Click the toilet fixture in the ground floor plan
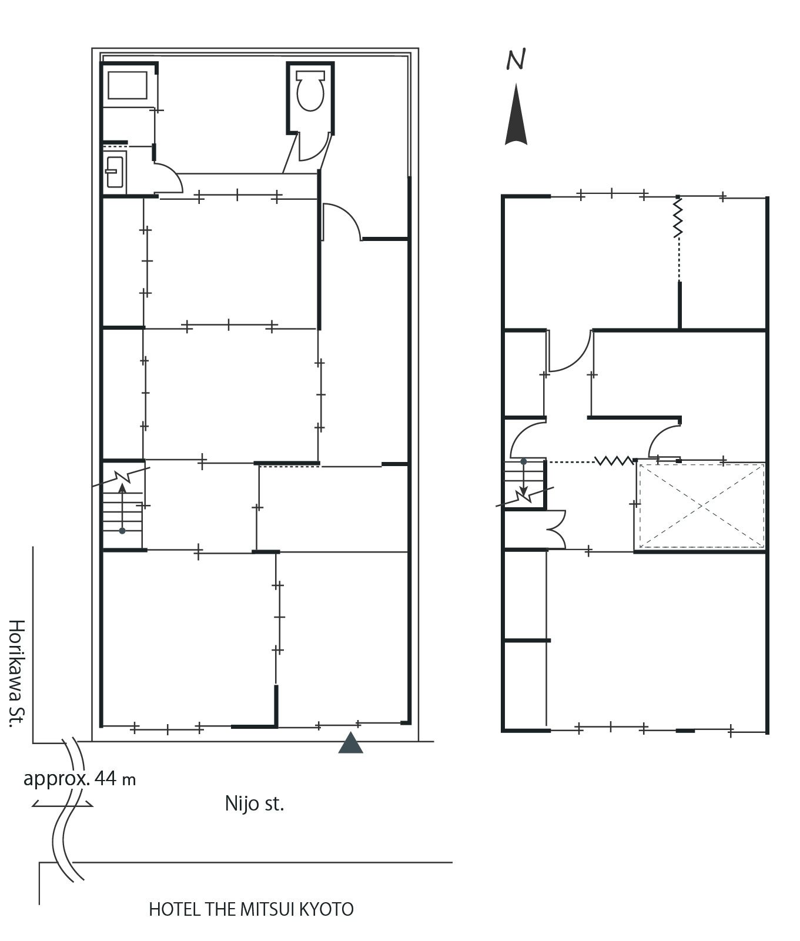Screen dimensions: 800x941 310,91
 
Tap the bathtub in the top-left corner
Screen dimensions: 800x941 127,86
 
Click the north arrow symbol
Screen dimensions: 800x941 516,114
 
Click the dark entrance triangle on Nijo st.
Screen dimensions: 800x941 351,742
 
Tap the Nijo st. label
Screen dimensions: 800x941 255,803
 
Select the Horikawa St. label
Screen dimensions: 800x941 17,673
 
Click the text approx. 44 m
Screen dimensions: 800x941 79,778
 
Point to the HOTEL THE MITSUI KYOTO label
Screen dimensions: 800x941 251,909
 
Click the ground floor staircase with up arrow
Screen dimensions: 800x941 122,506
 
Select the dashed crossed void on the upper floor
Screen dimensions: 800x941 702,506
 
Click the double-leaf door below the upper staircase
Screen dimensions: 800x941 556,530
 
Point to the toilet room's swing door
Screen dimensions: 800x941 312,146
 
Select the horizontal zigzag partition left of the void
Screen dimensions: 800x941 614,460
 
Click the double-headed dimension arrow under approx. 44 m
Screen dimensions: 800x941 62,803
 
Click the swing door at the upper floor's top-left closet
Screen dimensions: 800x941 570,351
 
